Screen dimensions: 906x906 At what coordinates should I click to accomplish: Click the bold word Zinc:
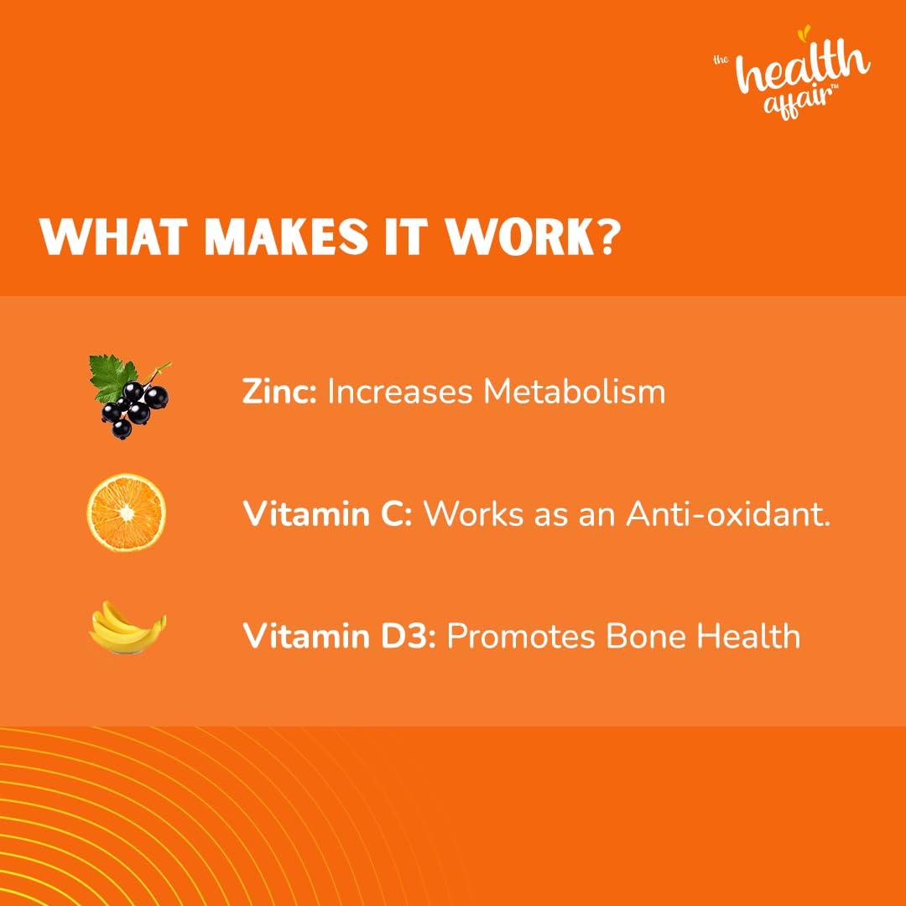pos(279,391)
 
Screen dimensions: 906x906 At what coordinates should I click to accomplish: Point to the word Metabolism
pos(574,391)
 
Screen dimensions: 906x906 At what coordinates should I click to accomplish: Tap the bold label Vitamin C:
pos(327,513)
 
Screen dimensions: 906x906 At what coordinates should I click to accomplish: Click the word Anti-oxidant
pos(728,513)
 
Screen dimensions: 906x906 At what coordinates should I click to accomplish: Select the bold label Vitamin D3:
pos(339,636)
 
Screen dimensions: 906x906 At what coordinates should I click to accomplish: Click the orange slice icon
pos(127,513)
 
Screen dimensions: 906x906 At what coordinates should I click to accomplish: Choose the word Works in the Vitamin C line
pos(472,513)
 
